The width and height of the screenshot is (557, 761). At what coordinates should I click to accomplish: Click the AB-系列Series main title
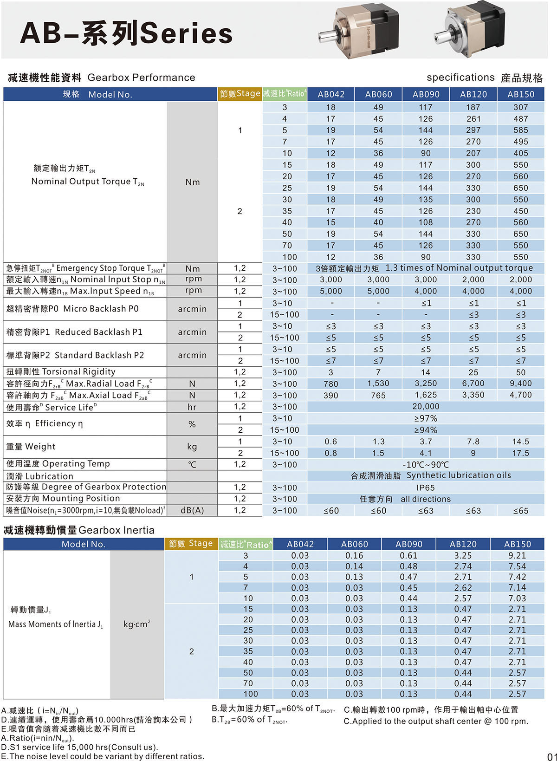126,33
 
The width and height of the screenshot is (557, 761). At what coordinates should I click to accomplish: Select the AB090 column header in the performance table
426,94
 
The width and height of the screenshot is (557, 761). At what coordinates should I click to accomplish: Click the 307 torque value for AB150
520,107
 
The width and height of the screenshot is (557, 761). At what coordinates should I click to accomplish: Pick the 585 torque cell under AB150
520,130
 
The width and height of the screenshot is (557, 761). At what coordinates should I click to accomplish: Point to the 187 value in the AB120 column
473,107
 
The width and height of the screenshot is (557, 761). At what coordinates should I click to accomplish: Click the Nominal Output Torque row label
87,182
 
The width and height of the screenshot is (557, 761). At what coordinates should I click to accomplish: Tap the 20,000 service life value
425,407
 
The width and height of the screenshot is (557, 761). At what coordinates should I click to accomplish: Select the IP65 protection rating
425,488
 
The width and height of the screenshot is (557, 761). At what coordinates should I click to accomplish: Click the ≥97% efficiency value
425,418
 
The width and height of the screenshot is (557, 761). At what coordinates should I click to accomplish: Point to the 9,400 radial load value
520,384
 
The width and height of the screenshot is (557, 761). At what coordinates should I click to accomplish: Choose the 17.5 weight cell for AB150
520,453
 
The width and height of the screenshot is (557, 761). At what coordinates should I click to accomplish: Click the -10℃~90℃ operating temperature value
425,465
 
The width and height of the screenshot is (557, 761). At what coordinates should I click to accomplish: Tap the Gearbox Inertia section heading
79,530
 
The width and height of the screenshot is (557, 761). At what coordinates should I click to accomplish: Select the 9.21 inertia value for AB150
517,556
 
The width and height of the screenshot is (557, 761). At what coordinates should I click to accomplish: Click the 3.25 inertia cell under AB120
463,556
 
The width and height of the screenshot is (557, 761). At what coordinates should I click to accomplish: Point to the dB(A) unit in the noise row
192,511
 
